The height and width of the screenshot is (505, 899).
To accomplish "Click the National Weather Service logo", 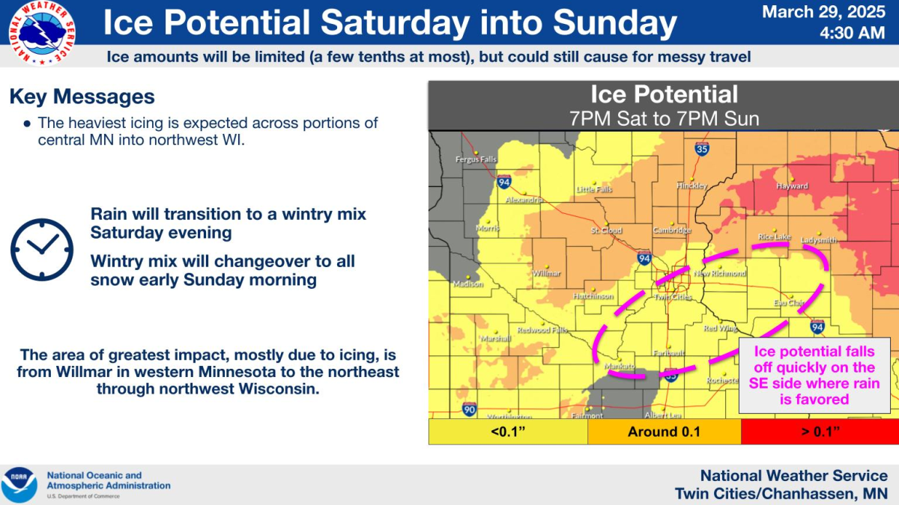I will coord(42,32).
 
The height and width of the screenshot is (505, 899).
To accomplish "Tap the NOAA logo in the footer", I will coord(19,484).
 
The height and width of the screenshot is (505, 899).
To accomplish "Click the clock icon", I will coord(42,249).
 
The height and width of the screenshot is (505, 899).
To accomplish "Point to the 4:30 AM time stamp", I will coord(852,33).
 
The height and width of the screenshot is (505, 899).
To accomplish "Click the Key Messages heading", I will coord(82,97).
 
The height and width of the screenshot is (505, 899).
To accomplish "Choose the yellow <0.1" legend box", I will coord(508,431).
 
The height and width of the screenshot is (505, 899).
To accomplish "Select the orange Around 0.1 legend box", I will coord(664,431).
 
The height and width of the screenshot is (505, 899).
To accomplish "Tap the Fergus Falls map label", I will coord(476,159).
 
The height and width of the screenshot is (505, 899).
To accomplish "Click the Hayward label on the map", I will coord(792,186).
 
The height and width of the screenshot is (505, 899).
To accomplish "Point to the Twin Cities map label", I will coord(673,296).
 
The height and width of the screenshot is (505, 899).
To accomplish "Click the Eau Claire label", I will coord(789,303).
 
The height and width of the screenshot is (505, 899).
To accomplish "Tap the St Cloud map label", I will coord(606,230).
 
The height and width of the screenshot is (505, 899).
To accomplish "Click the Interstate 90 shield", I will coord(469,408).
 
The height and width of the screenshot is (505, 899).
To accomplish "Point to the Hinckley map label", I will coord(691,186).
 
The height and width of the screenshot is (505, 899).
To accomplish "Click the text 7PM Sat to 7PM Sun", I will coord(663,118).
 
